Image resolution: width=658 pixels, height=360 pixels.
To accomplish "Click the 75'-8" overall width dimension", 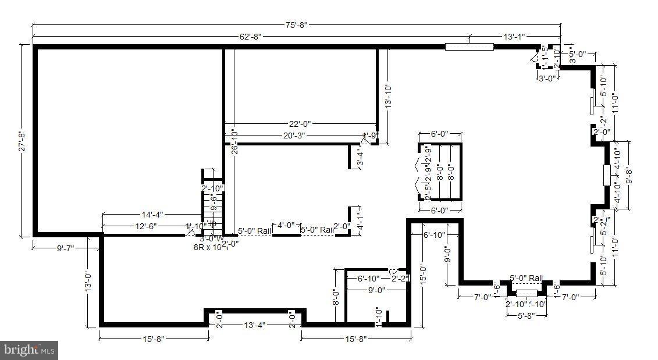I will [x=296, y=24].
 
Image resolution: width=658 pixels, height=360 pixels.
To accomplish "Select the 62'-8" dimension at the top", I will [x=251, y=36].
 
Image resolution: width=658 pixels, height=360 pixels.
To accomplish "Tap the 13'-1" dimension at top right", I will [x=514, y=36].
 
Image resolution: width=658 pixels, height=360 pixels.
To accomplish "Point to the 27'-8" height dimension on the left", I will [x=22, y=140].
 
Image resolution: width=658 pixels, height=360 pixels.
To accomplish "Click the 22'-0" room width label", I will [x=300, y=123].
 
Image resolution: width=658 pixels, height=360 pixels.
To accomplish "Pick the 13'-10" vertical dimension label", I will [x=388, y=97].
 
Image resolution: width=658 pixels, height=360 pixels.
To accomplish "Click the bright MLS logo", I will [x=29, y=350].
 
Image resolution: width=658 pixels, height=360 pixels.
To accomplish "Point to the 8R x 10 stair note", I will [x=208, y=247].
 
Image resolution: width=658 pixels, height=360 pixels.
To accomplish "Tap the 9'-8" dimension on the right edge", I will [x=628, y=175].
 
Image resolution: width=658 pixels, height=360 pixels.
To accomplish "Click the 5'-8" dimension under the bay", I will [x=527, y=316].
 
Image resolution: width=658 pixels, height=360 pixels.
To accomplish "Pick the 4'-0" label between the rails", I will [x=286, y=225].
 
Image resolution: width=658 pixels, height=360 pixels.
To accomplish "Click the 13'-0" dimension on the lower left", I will [x=88, y=281].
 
